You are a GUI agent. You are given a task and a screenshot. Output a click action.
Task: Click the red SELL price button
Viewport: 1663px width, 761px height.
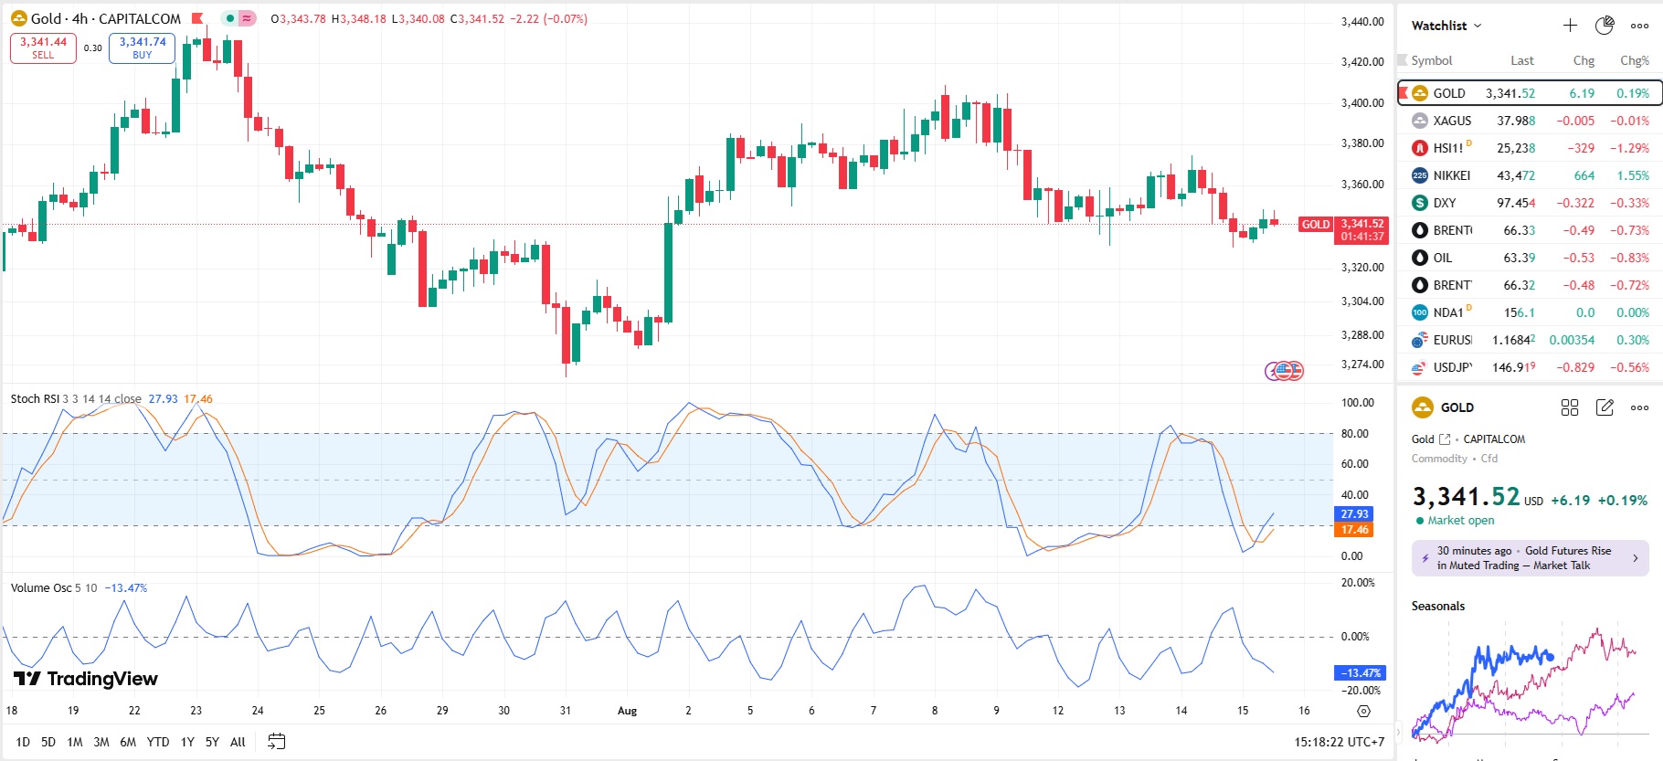coord(43,48)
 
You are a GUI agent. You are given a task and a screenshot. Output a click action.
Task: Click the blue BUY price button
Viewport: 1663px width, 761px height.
coord(142,48)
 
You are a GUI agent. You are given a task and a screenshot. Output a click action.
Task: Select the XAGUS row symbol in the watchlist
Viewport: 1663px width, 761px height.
coord(1451,121)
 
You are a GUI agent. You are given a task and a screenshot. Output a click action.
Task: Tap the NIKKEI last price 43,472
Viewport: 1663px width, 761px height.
coord(1516,175)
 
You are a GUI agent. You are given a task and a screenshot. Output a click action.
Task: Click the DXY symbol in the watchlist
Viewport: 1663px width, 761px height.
coord(1444,203)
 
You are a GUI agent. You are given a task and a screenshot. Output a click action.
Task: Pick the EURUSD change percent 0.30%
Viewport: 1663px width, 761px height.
coord(1632,340)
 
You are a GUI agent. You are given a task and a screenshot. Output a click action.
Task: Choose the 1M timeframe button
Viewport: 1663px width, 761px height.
coord(75,742)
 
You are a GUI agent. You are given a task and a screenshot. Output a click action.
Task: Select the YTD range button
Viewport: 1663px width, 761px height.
coord(158,742)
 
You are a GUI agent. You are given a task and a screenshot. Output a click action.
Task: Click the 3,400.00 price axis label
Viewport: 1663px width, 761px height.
coord(1361,103)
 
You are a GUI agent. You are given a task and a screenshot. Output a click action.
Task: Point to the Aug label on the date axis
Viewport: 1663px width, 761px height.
coord(627,711)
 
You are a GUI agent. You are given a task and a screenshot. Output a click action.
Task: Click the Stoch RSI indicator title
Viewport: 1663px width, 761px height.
coord(35,399)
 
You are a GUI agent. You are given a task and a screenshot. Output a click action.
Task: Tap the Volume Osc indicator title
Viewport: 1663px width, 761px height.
coord(40,588)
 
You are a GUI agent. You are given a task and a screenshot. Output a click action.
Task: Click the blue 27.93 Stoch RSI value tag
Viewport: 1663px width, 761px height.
coord(1354,514)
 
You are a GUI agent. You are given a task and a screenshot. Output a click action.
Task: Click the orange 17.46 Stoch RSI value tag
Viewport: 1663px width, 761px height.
coord(1354,530)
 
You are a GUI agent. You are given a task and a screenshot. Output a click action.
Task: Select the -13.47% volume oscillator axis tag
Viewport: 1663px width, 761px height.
coord(1360,673)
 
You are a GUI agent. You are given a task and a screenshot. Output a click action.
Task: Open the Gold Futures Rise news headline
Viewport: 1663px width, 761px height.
coord(1531,558)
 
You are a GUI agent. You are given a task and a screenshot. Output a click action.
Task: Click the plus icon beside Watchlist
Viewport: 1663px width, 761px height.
coord(1570,26)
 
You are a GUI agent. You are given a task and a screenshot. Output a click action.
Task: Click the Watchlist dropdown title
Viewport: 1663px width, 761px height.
coord(1446,26)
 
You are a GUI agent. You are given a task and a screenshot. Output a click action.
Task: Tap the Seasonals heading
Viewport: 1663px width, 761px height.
coord(1437,607)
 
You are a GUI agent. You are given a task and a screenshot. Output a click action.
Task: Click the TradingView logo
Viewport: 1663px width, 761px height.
coord(86,679)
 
